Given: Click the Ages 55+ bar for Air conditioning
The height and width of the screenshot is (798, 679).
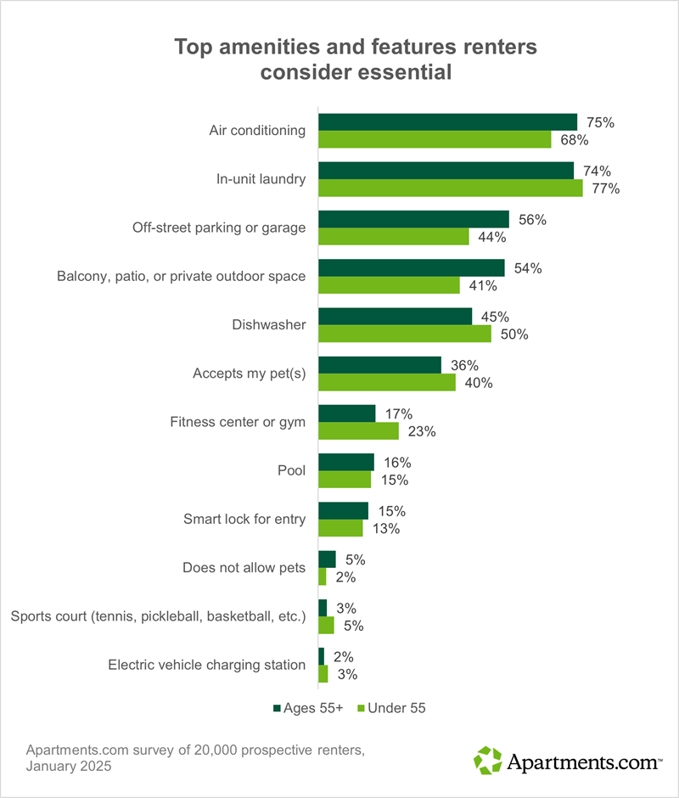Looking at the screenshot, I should click(447, 122).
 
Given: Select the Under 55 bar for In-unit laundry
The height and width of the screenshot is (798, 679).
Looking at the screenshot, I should click(450, 188).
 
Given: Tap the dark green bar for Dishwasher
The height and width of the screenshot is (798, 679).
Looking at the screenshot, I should click(395, 317).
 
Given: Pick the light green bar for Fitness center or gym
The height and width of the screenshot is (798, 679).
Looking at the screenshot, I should click(358, 431).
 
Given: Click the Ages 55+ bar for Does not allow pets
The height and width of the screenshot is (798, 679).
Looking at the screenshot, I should click(327, 559).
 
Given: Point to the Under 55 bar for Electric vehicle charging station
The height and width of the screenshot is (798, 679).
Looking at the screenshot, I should click(323, 674).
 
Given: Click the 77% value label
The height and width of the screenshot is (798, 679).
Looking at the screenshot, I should click(607, 188).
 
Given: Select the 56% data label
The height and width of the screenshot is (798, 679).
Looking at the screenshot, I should click(533, 219).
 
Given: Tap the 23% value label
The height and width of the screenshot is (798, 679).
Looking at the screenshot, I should click(422, 431).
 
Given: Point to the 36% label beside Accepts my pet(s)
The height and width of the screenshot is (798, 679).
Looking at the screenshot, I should click(465, 365).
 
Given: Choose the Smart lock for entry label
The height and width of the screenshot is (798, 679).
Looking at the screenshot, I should click(244, 519).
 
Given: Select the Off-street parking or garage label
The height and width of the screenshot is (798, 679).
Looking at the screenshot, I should click(218, 228).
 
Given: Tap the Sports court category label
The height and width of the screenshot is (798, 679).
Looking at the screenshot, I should click(157, 616).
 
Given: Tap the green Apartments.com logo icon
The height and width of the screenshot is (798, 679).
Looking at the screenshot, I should click(488, 760).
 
